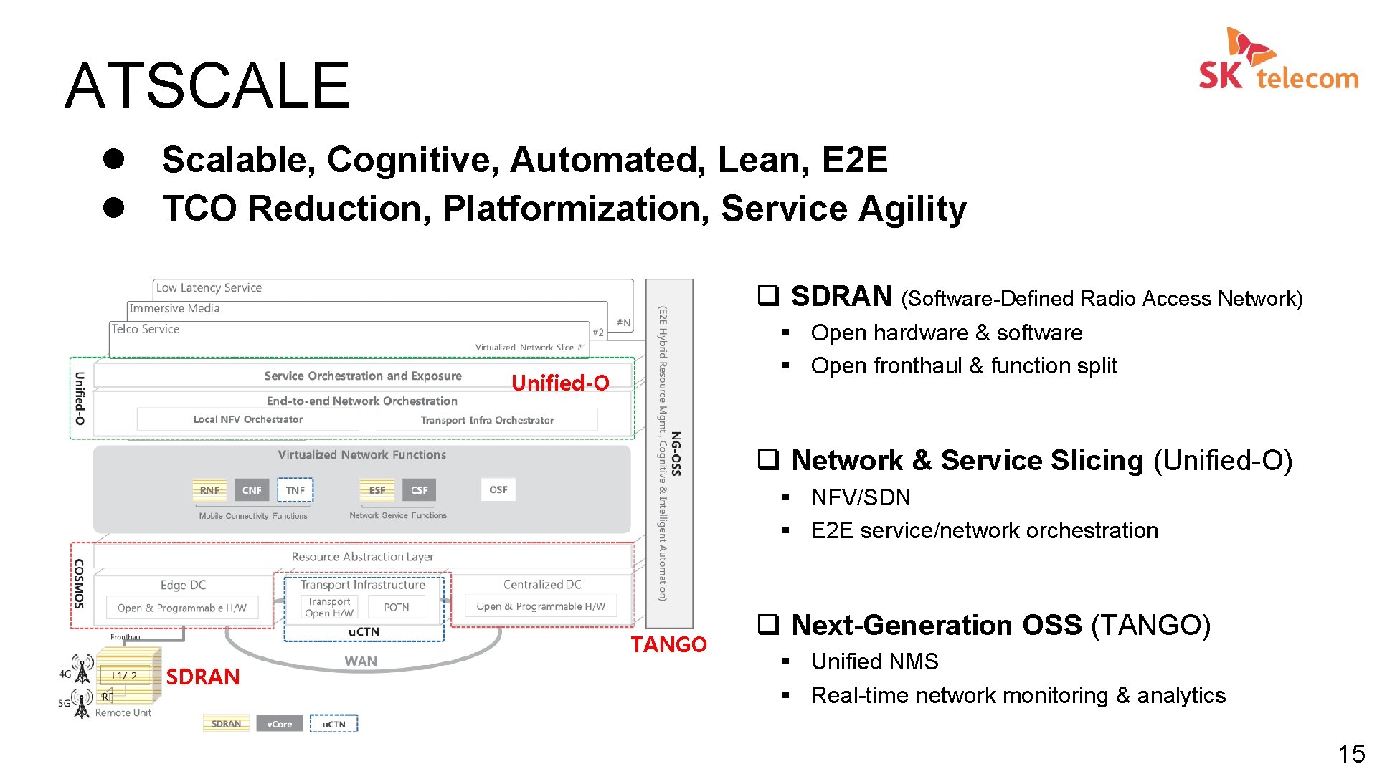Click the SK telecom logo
pyautogui.click(x=1278, y=62)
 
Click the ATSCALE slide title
pyautogui.click(x=207, y=86)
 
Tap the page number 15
pyautogui.click(x=1351, y=753)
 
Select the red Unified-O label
pyautogui.click(x=560, y=383)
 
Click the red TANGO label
pyautogui.click(x=668, y=644)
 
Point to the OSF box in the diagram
pyautogui.click(x=498, y=489)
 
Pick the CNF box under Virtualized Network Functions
pyautogui.click(x=252, y=490)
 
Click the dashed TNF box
pyautogui.click(x=295, y=490)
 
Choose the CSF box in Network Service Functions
pyautogui.click(x=419, y=490)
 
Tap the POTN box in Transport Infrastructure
pyautogui.click(x=397, y=607)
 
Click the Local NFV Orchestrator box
pyautogui.click(x=247, y=419)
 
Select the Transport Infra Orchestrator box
pyautogui.click(x=487, y=420)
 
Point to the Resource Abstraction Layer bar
pyautogui.click(x=362, y=556)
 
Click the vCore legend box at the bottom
pyautogui.click(x=279, y=724)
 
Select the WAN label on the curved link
pyautogui.click(x=361, y=661)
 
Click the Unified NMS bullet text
pyautogui.click(x=874, y=661)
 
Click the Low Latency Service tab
pyautogui.click(x=209, y=288)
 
